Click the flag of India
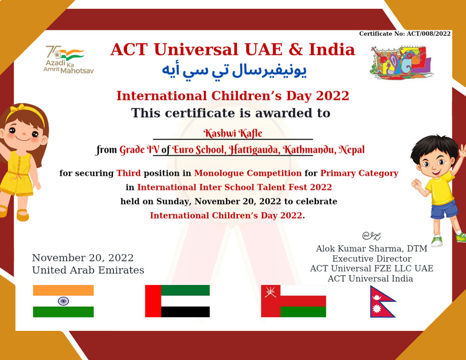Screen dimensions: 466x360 click(63, 301)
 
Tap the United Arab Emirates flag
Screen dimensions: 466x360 click(177, 301)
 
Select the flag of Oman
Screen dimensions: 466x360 click(293, 301)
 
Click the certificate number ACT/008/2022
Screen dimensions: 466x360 click(428, 34)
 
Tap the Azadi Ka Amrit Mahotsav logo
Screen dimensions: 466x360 click(68, 60)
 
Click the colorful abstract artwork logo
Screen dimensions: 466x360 click(401, 62)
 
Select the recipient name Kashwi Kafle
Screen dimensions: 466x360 click(233, 133)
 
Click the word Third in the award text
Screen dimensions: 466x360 click(128, 173)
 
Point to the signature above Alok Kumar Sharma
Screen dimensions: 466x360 click(371, 236)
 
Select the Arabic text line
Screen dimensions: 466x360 click(234, 70)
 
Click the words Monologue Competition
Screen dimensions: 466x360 click(248, 173)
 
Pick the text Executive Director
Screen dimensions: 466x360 click(372, 259)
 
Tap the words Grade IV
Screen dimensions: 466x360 click(139, 150)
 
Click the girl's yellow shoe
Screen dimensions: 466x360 click(23, 215)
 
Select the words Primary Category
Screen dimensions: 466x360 click(359, 173)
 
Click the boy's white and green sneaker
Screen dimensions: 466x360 click(437, 241)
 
